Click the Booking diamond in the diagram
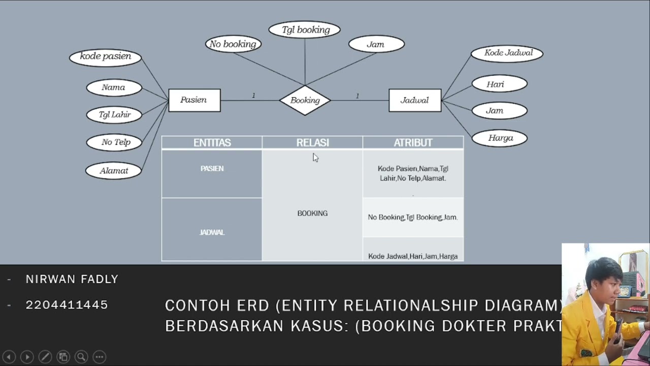(305, 100)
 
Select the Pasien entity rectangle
(194, 100)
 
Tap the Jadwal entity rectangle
(414, 100)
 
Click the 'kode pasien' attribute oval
(105, 56)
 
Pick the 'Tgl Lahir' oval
(114, 115)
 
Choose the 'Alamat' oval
(113, 171)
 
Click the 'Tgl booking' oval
(305, 30)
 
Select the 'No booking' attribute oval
(233, 44)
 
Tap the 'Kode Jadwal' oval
(507, 53)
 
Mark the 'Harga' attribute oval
(500, 138)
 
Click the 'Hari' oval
(499, 84)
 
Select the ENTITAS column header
(212, 143)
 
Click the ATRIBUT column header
(413, 143)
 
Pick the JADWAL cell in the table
(212, 232)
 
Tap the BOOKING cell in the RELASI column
(312, 213)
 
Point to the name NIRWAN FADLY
(72, 279)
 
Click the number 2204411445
(67, 305)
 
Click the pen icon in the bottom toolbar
(45, 357)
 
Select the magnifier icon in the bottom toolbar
(81, 357)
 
